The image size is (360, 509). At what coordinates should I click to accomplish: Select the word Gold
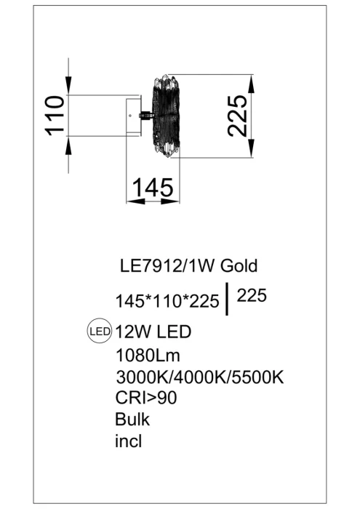[x=239, y=265]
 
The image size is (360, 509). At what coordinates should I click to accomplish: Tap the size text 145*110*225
[x=168, y=300]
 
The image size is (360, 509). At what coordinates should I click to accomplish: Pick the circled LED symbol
[x=98, y=332]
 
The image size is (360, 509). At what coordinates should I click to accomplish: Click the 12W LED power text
[x=153, y=332]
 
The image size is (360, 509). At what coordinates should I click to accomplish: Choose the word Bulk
[x=132, y=419]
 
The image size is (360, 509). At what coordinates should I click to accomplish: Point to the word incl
[x=128, y=440]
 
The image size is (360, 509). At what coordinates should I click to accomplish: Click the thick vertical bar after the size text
[x=229, y=299]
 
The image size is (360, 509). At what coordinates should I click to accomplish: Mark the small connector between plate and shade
[x=145, y=113]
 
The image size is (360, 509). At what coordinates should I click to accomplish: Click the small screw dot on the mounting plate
[x=130, y=113]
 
